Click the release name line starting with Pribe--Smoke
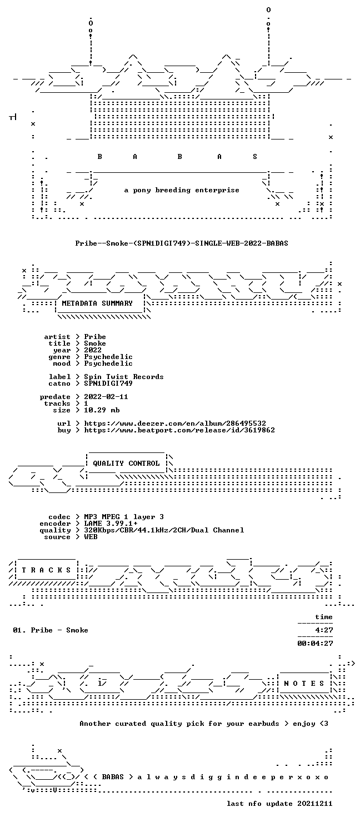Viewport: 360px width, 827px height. (x=182, y=243)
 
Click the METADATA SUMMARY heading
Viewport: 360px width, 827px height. (x=97, y=303)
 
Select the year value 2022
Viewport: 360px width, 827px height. (x=93, y=350)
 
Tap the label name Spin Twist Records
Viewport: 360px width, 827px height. (x=124, y=377)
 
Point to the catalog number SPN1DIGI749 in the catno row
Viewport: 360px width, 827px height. (x=108, y=383)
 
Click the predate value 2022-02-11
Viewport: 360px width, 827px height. (x=106, y=396)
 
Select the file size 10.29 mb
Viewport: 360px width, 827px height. (x=102, y=410)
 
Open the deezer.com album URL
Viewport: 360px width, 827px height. (x=175, y=424)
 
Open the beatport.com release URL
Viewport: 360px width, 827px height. (x=179, y=430)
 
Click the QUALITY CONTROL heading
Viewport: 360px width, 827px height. (x=126, y=464)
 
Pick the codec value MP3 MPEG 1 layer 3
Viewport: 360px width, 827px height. (x=124, y=517)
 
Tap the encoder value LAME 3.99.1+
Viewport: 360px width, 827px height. (x=111, y=524)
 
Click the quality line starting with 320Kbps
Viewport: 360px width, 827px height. (x=164, y=530)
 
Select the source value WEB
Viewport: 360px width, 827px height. (x=91, y=537)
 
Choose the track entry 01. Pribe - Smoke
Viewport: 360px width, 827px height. (x=51, y=630)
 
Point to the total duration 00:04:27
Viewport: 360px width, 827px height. (x=316, y=644)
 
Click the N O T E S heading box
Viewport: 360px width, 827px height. (x=304, y=684)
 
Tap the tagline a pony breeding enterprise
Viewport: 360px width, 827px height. (x=182, y=190)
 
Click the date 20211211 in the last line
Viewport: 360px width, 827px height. (x=315, y=804)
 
